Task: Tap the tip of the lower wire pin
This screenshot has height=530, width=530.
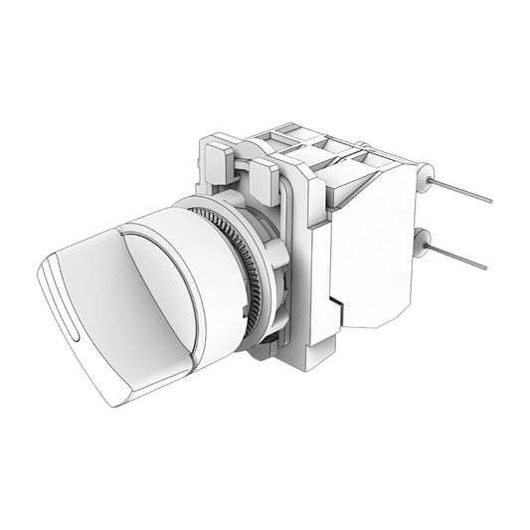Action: [485, 268]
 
